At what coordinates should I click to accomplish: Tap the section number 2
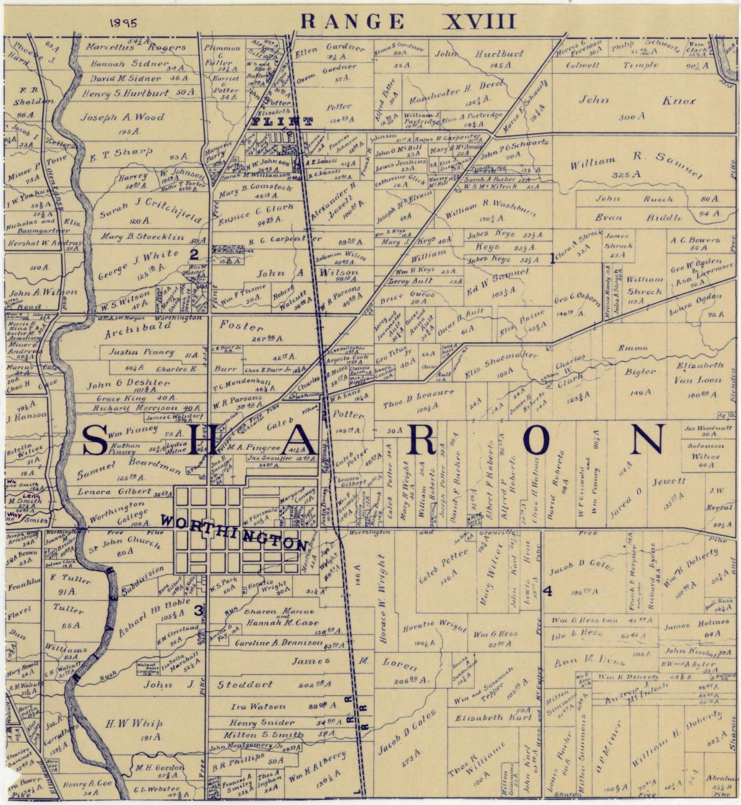(194, 253)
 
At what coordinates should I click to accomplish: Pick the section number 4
(547, 591)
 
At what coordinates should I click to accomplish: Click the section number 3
(198, 611)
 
